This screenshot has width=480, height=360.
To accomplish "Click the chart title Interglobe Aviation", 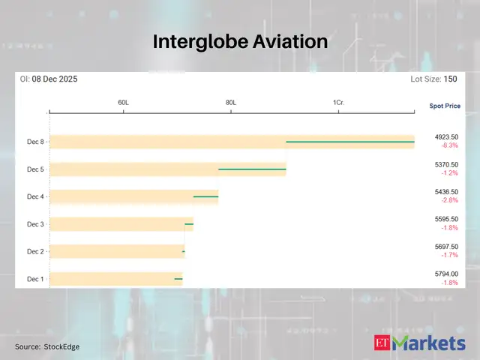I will pos(240,41).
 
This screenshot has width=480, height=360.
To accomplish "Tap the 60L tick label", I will pos(123,102).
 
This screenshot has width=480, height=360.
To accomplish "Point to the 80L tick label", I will pos(230,102).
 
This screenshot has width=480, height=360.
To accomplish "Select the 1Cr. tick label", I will pos(338,102).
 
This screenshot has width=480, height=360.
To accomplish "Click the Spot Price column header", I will pos(445,106).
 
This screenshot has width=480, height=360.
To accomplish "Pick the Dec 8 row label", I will pos(35,142).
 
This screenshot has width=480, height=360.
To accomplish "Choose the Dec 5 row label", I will pos(35,169).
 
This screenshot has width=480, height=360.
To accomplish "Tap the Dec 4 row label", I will pos(35,196).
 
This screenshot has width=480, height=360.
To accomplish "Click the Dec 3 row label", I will pos(35,224).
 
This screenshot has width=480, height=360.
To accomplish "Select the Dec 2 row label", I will pos(35,251).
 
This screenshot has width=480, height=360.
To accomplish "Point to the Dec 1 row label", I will pos(35,279).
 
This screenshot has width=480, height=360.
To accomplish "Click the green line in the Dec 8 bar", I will pos(350,141).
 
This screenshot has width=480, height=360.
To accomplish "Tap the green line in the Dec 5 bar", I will pos(252,169).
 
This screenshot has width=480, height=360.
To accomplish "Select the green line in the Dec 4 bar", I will pos(205,196).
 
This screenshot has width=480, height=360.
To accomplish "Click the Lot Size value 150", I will pos(450,79).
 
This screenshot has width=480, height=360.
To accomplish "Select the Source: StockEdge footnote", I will pos(47,346).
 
